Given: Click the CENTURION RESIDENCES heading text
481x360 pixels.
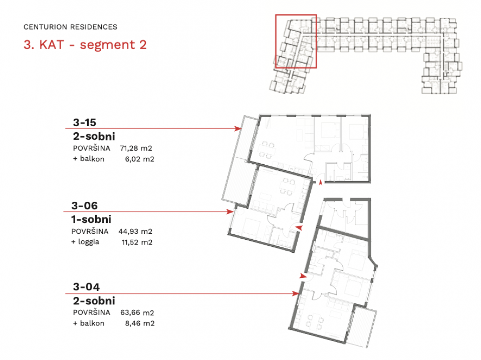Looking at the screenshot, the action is [x=70, y=27].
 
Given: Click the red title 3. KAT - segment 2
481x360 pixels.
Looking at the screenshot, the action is [x=85, y=45].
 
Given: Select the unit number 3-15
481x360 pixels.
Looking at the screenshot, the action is [x=85, y=122].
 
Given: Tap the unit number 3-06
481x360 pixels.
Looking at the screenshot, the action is [x=84, y=205].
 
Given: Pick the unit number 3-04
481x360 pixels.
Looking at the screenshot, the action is [x=86, y=287].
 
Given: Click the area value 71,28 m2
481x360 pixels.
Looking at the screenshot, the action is [x=136, y=148].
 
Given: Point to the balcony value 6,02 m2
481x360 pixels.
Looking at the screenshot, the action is [x=140, y=159].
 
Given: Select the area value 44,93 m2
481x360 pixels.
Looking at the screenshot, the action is [x=135, y=231].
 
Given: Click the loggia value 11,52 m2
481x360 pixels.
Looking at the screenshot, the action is [x=137, y=242].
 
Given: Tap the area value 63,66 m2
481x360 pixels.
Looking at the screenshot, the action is [x=137, y=313].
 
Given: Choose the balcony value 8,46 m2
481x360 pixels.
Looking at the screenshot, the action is [x=140, y=323].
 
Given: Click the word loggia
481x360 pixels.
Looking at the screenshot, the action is [x=89, y=242].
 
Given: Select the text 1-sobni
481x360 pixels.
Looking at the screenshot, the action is [x=91, y=219].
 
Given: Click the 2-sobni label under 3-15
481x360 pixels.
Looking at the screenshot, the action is [x=94, y=136].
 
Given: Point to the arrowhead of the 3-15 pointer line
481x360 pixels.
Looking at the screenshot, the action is [x=237, y=129].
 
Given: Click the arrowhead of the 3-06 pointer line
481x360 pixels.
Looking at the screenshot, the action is [x=230, y=212].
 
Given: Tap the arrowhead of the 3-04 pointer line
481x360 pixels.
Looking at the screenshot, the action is [x=296, y=293].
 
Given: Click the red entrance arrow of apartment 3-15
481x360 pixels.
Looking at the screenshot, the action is [x=321, y=182].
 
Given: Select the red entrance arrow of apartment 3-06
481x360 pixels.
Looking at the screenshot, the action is [x=299, y=228].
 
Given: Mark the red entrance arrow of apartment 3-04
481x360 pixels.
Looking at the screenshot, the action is [x=303, y=276].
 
